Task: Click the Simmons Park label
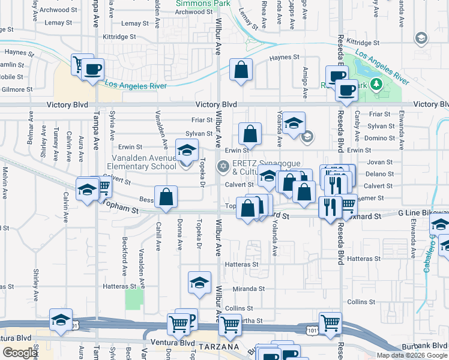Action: [194, 3]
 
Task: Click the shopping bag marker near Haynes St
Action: [241, 70]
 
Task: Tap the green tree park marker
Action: [376, 85]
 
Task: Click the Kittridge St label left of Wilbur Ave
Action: [124, 37]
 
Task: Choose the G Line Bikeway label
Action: [423, 213]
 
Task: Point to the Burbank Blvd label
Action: [429, 345]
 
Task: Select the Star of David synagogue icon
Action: [223, 166]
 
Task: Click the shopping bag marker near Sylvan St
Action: [250, 134]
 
